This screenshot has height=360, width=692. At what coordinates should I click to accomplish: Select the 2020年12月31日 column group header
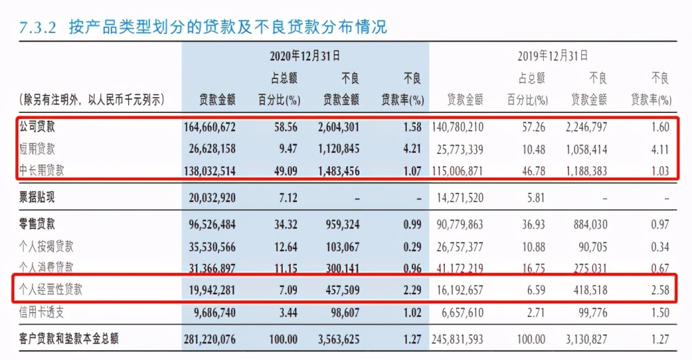pyautogui.click(x=304, y=55)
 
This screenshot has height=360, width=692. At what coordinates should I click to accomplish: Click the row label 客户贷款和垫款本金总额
pyautogui.click(x=69, y=339)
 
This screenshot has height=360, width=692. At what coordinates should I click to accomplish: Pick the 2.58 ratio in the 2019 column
pyautogui.click(x=659, y=291)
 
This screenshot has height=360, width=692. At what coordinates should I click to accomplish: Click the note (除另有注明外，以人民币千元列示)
pyautogui.click(x=92, y=100)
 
